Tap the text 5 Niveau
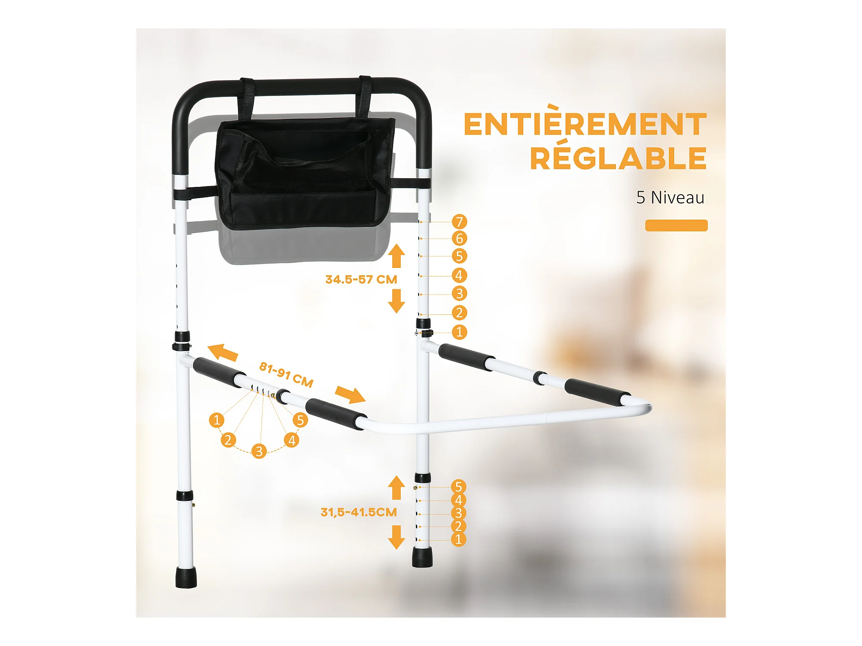point(670,198)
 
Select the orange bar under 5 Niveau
point(676,225)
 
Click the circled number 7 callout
point(459,222)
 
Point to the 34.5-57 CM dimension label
point(361,280)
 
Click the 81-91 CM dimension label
point(286,374)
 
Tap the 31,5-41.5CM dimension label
point(359,512)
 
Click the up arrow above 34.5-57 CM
point(396,256)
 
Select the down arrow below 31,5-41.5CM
point(396,537)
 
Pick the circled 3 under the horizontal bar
point(259,451)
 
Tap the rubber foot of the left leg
point(186,578)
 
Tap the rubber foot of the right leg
point(422,557)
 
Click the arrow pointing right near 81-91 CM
point(350,394)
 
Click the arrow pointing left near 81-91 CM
point(222,352)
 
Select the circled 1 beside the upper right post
point(459,332)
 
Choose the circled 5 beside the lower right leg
point(459,487)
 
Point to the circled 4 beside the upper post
point(459,275)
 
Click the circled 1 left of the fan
point(216,419)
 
